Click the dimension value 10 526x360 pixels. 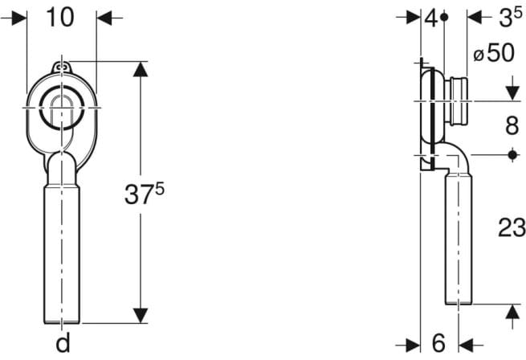pos(60,18)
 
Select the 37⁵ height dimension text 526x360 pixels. pos(145,194)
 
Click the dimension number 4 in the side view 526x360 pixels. pos(431,18)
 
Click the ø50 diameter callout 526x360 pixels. pos(494,52)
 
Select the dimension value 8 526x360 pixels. pos(512,125)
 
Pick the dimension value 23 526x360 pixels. pos(512,227)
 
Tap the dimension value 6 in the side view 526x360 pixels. pos(438,343)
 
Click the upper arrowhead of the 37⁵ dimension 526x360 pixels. pos(141,70)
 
